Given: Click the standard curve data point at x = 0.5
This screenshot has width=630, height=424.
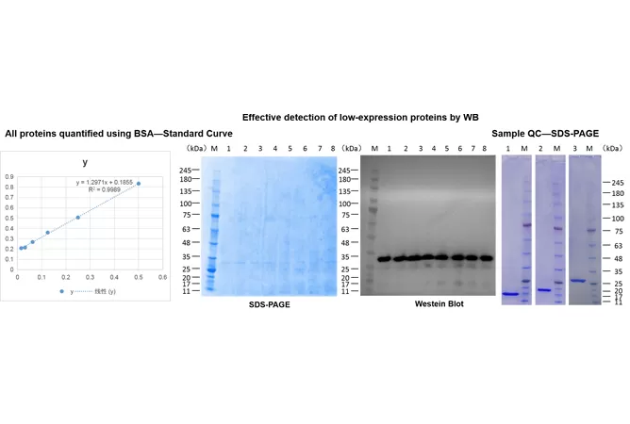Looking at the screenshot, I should point(139,184).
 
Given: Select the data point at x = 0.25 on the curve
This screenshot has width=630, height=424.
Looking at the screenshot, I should point(78,218).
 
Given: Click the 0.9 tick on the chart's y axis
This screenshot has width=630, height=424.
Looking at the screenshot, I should point(9,176).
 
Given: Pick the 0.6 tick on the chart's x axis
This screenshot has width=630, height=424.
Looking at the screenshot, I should point(162,277).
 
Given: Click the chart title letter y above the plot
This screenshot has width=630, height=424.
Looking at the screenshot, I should point(85,162).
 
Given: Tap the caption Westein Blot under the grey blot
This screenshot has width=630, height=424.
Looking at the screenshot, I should point(439,303).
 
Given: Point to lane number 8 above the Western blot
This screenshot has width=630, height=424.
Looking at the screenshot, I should point(485,149).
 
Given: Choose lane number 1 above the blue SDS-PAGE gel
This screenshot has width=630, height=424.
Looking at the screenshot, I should point(228,149).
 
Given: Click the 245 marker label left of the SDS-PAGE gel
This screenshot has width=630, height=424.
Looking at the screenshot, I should point(184,171).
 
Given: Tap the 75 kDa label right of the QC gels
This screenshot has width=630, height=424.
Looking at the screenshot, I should point(619,231).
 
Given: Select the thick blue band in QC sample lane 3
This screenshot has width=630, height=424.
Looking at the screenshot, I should point(576,280).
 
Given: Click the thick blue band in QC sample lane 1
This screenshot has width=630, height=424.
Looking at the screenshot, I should point(510,294).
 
